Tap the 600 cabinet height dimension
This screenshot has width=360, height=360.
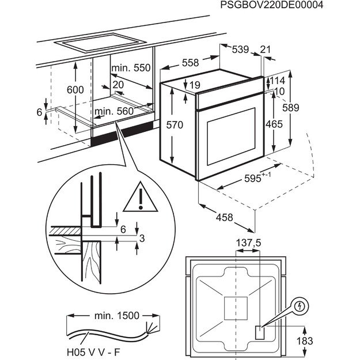(x=75, y=90)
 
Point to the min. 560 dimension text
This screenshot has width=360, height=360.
(x=114, y=111)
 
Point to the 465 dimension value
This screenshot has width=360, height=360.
(x=275, y=124)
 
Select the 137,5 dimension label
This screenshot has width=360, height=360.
(x=248, y=244)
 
